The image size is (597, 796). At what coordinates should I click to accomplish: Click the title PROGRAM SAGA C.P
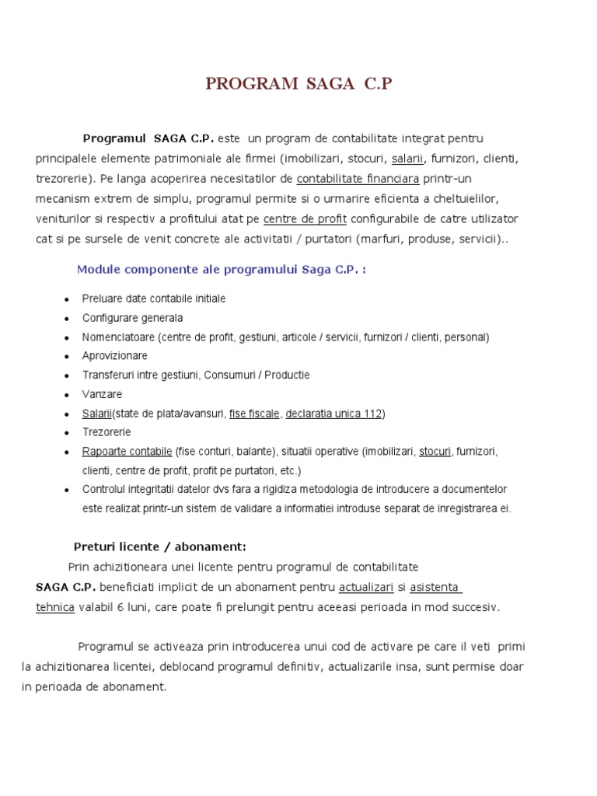(x=298, y=84)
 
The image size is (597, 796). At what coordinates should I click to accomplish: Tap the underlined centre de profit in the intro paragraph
(x=305, y=219)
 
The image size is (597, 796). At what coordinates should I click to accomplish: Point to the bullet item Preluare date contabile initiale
(x=154, y=298)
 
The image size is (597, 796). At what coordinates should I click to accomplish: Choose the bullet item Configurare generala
(x=132, y=318)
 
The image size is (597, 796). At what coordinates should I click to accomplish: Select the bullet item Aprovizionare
(x=114, y=356)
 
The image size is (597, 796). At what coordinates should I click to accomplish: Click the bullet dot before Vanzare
(x=67, y=395)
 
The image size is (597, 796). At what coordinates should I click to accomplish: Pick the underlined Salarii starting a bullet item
(x=97, y=414)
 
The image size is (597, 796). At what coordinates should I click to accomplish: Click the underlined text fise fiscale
(x=253, y=414)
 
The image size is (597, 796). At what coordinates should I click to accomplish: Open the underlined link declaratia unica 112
(x=333, y=414)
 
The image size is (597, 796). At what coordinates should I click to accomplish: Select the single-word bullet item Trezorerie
(x=106, y=432)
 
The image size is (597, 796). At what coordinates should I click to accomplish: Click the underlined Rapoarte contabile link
(x=127, y=452)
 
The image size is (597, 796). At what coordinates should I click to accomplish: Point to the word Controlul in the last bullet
(x=105, y=490)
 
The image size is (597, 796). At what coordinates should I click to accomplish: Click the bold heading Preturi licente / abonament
(x=159, y=546)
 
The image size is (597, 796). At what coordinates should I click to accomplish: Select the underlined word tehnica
(x=55, y=607)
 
